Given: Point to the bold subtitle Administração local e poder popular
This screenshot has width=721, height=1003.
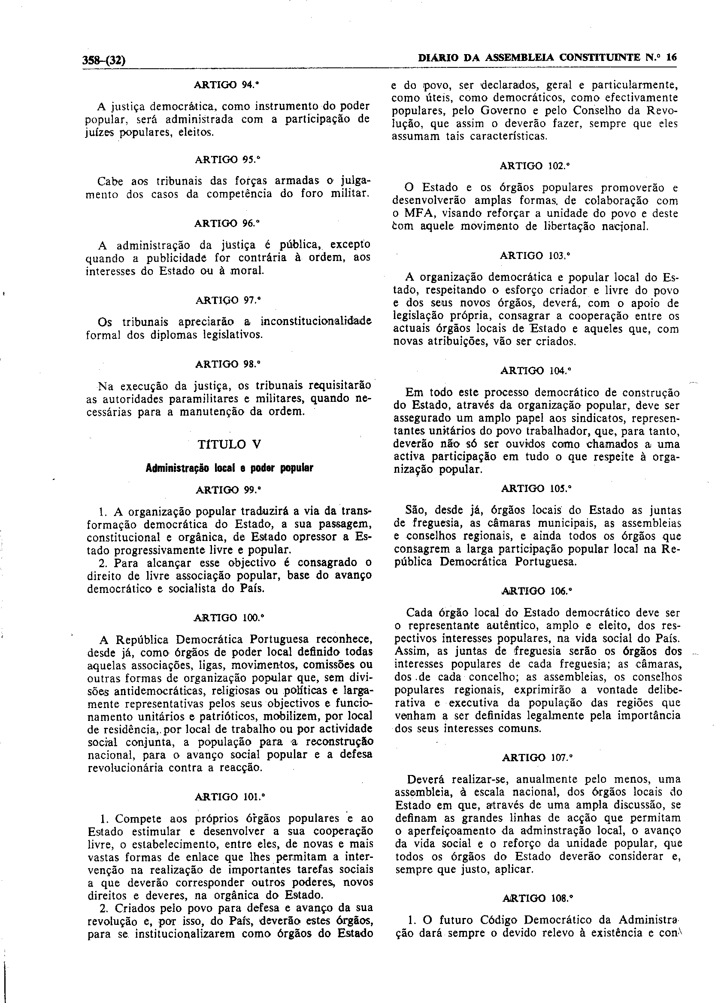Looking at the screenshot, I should coord(230,468).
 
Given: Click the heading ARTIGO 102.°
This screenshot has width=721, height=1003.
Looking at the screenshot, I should coord(535,166).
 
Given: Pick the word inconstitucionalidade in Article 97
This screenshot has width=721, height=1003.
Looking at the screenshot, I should coord(315,321).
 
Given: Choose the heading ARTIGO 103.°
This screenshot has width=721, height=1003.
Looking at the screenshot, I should coord(535,255).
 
